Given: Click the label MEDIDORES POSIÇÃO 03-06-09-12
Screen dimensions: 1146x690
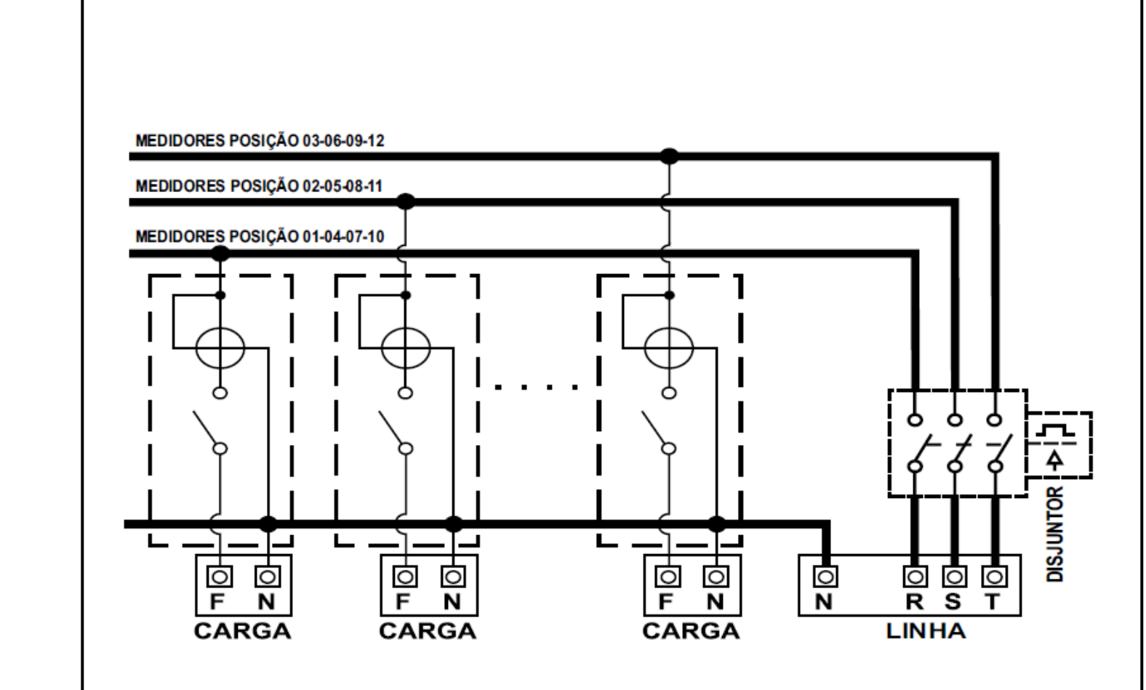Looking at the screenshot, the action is pos(260,140).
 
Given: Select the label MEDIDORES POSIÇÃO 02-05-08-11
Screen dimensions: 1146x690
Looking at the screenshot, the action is pos(259,185).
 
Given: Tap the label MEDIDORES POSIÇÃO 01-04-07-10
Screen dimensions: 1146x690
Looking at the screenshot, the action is pos(260,236).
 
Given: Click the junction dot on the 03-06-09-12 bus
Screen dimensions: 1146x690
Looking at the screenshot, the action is pos(669,156).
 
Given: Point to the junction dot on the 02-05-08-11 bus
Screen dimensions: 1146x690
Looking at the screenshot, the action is pos(406,201).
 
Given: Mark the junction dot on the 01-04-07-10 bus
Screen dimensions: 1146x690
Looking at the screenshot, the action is pos(220,253).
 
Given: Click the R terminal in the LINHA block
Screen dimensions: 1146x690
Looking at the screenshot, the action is pos(915,577).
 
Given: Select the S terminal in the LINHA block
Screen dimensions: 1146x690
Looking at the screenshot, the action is pos(955,577).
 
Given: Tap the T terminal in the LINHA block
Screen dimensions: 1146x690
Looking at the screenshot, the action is pos(994,577).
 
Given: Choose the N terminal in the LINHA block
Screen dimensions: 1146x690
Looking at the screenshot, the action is pos(825,577).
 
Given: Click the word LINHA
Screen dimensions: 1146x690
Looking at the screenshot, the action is pos(926,631).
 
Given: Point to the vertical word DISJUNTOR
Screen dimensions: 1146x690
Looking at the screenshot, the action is pos(1055,534).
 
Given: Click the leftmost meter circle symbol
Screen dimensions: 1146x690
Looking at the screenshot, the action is pos(220,348).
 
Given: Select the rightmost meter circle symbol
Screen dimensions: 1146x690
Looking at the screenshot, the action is pos(669,348).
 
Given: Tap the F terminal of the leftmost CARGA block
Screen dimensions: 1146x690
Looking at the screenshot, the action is pos(220,577).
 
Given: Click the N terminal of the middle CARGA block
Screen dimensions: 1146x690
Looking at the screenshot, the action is pos(453,577).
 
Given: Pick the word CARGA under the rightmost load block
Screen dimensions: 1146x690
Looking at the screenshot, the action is pos(692,631).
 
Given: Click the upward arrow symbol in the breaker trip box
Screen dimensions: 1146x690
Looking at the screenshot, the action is pos(1054,460).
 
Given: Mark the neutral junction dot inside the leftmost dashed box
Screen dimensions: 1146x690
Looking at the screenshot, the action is pos(268,524).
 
